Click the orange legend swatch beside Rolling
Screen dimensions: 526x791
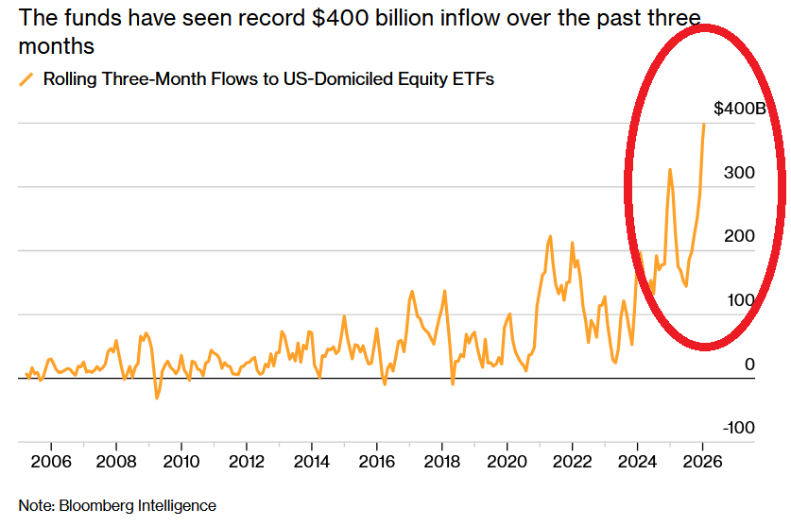pos(27,78)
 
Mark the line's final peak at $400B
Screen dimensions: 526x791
pos(704,124)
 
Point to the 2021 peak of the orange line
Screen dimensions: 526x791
pos(550,236)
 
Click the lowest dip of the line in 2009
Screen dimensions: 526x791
pos(157,398)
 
